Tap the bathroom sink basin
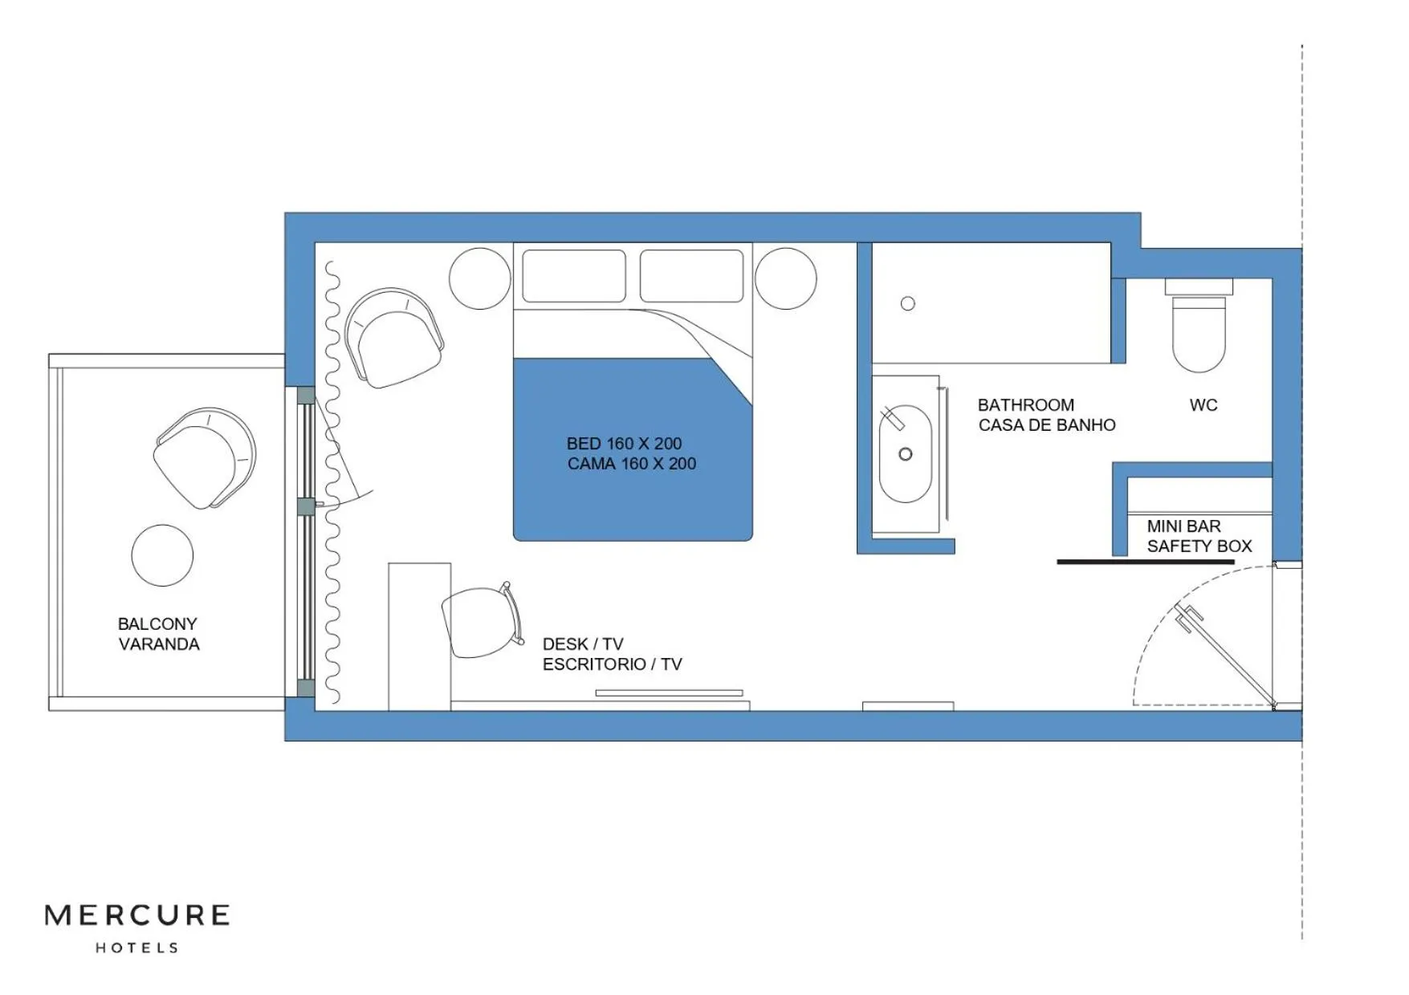coord(905,454)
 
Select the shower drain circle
coord(907,303)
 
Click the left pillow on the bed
coord(573,276)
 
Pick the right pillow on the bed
coord(691,276)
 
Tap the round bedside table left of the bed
coord(479,278)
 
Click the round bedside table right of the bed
coord(785,278)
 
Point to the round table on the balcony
coord(162,555)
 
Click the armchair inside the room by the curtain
coord(393,339)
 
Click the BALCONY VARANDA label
coord(158,634)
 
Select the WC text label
coord(1203,405)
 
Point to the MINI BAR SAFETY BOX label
coord(1199,536)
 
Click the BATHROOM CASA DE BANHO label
coord(1046,415)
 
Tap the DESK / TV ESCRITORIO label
coord(612,654)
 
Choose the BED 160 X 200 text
coord(624,444)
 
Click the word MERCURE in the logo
coord(137,916)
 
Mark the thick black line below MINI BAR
coord(1145,562)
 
